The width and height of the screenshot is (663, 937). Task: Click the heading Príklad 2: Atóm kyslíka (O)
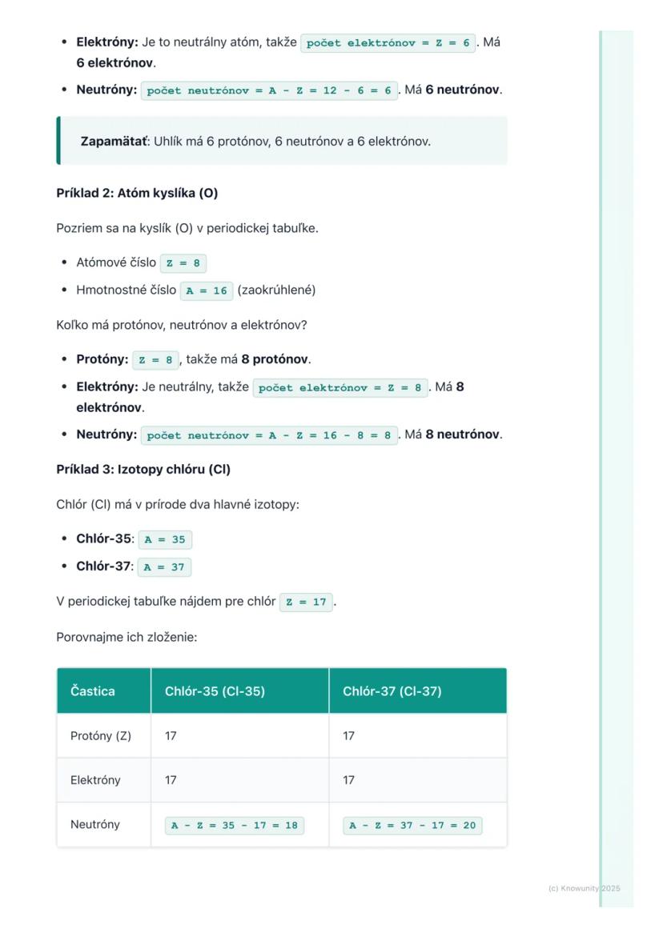click(x=137, y=193)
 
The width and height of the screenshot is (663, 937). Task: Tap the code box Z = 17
click(x=307, y=602)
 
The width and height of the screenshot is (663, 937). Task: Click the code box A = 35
click(x=165, y=539)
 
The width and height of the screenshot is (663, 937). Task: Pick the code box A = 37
click(x=165, y=567)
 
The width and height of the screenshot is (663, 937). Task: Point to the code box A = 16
click(x=207, y=290)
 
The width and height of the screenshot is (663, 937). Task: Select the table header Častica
click(x=93, y=691)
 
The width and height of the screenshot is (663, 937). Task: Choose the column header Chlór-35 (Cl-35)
click(x=215, y=691)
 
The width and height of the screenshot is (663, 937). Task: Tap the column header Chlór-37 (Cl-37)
click(x=392, y=691)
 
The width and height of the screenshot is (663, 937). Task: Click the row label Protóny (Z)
click(x=101, y=736)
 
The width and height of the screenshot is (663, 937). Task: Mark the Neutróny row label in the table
click(x=95, y=824)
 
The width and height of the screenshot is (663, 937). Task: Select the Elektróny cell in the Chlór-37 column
click(x=349, y=780)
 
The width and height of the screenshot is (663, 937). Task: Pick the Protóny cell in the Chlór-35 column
click(x=171, y=736)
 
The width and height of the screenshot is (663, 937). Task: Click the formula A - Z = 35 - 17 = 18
click(x=235, y=826)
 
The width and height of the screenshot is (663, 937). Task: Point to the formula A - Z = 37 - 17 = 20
click(x=412, y=826)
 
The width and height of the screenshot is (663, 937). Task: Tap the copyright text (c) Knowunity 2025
click(x=584, y=888)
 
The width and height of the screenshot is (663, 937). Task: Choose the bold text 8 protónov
click(x=275, y=359)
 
